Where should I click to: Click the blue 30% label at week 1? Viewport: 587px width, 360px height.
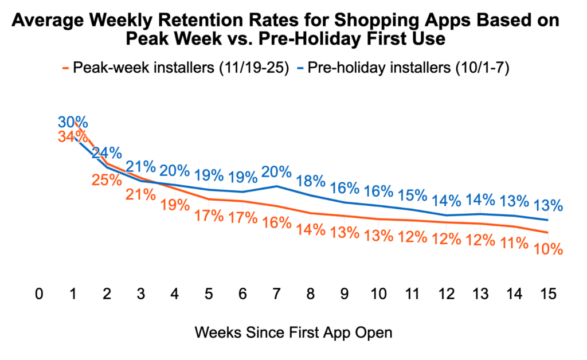pos(73,122)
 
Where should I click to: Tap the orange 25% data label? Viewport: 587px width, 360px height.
pos(107,179)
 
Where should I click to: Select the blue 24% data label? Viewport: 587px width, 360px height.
pos(107,153)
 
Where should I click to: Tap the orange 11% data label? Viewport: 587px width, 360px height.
pos(514,243)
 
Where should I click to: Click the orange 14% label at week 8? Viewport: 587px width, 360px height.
pos(311,229)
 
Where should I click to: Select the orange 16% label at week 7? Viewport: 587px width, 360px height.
pos(277,223)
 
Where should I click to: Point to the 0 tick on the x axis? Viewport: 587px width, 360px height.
pos(39,294)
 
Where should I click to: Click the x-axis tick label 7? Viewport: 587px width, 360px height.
pos(276,294)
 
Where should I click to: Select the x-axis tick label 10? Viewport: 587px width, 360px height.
pos(378,294)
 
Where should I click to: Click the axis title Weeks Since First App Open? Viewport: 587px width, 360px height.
pos(293,332)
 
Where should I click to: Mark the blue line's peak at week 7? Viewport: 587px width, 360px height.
pos(277,186)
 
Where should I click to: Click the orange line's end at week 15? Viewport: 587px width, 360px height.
pos(548,232)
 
